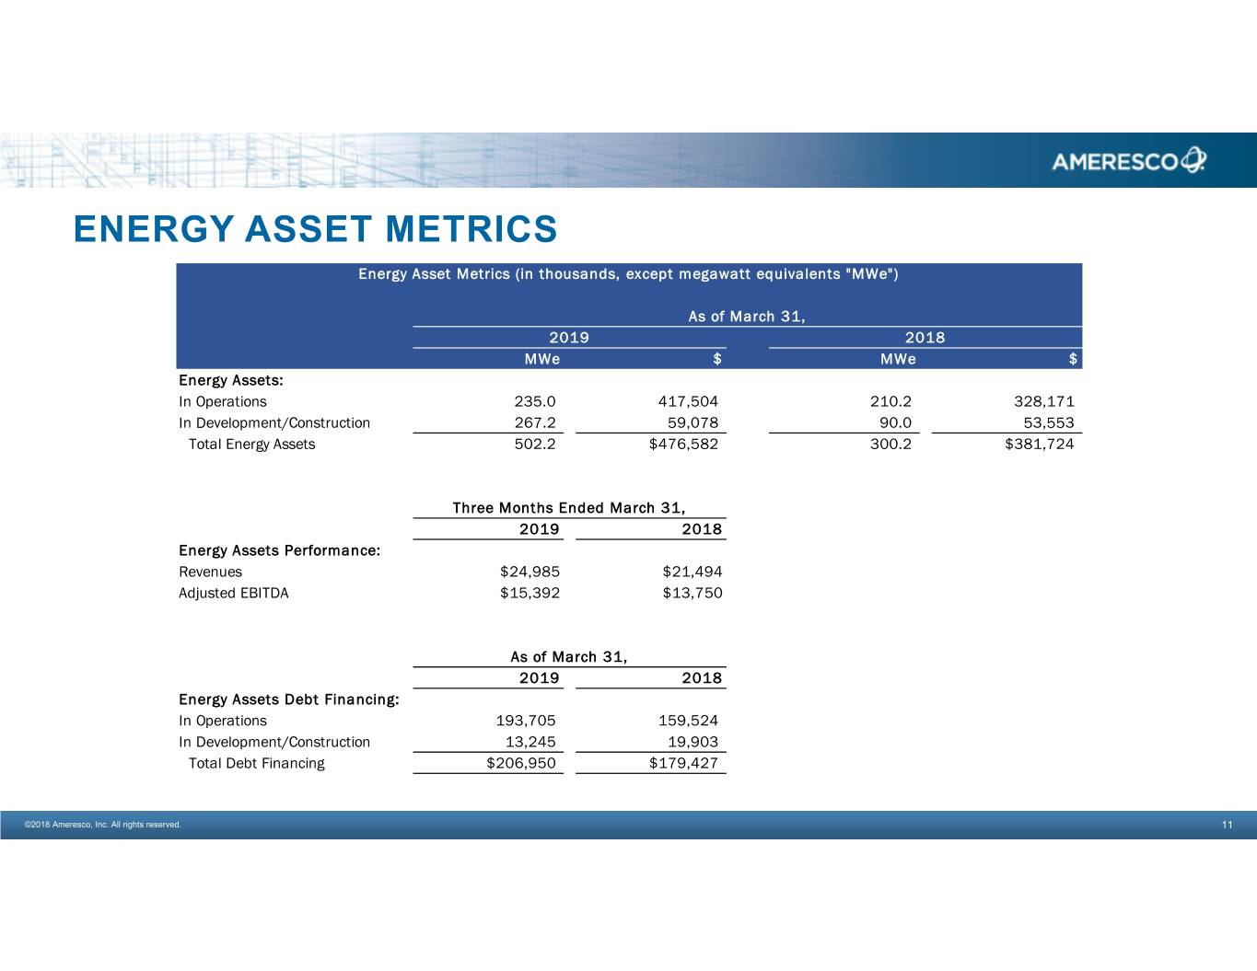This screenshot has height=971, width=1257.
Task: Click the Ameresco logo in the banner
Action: (1128, 161)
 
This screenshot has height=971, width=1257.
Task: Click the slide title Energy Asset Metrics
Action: (315, 229)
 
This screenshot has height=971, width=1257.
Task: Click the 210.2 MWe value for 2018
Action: (890, 401)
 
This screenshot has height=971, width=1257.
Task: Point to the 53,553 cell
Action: (1049, 422)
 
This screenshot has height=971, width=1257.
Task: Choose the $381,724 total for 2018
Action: (1039, 444)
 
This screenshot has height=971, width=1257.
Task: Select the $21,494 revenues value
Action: (692, 572)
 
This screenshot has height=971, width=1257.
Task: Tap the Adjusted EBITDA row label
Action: (233, 593)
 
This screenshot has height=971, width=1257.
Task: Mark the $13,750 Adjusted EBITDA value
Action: (692, 593)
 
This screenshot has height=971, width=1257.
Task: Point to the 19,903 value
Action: (693, 742)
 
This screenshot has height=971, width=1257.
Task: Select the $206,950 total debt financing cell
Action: (520, 763)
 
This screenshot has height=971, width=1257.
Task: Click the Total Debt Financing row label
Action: (256, 763)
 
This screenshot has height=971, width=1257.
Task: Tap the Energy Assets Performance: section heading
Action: (279, 550)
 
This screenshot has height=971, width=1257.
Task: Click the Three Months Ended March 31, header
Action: (568, 508)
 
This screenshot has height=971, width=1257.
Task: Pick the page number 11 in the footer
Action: (1227, 825)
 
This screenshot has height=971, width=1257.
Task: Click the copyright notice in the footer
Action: (102, 825)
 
